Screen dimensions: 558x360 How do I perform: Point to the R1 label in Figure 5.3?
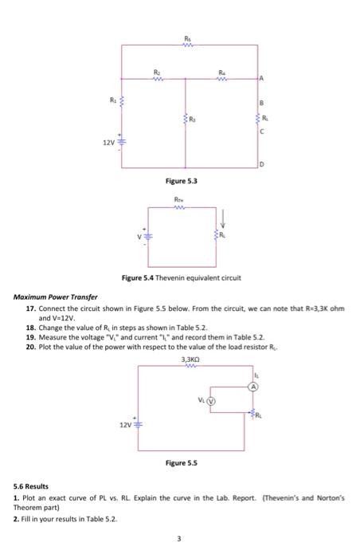point(112,100)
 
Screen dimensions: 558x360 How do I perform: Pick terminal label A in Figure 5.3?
point(260,79)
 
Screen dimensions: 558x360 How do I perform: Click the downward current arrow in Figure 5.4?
point(223,217)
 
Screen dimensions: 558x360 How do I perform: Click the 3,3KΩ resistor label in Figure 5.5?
point(188,360)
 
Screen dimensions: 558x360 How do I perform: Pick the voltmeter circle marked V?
point(212,401)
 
